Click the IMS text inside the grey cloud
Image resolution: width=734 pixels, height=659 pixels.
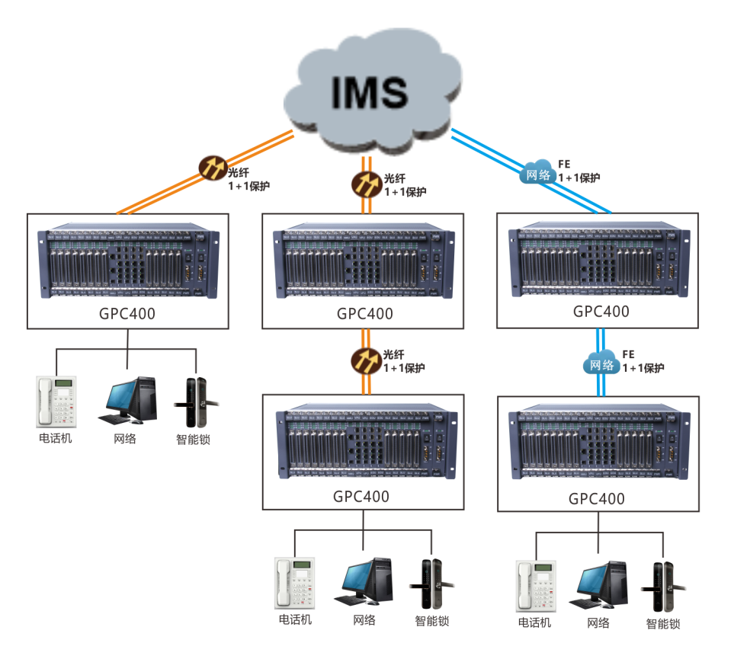370,92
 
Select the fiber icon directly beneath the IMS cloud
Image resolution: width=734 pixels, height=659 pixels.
366,183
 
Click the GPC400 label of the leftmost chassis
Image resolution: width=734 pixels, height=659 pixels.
127,313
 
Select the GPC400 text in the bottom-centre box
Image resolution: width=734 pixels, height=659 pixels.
361,497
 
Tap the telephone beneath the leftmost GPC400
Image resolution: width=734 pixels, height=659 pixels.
56,401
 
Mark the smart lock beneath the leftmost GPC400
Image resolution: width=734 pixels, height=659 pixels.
195,402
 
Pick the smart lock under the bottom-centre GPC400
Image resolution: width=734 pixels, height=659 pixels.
431,585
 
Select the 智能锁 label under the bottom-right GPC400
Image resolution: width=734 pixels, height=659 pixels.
663,624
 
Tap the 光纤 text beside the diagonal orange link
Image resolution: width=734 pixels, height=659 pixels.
239,172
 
